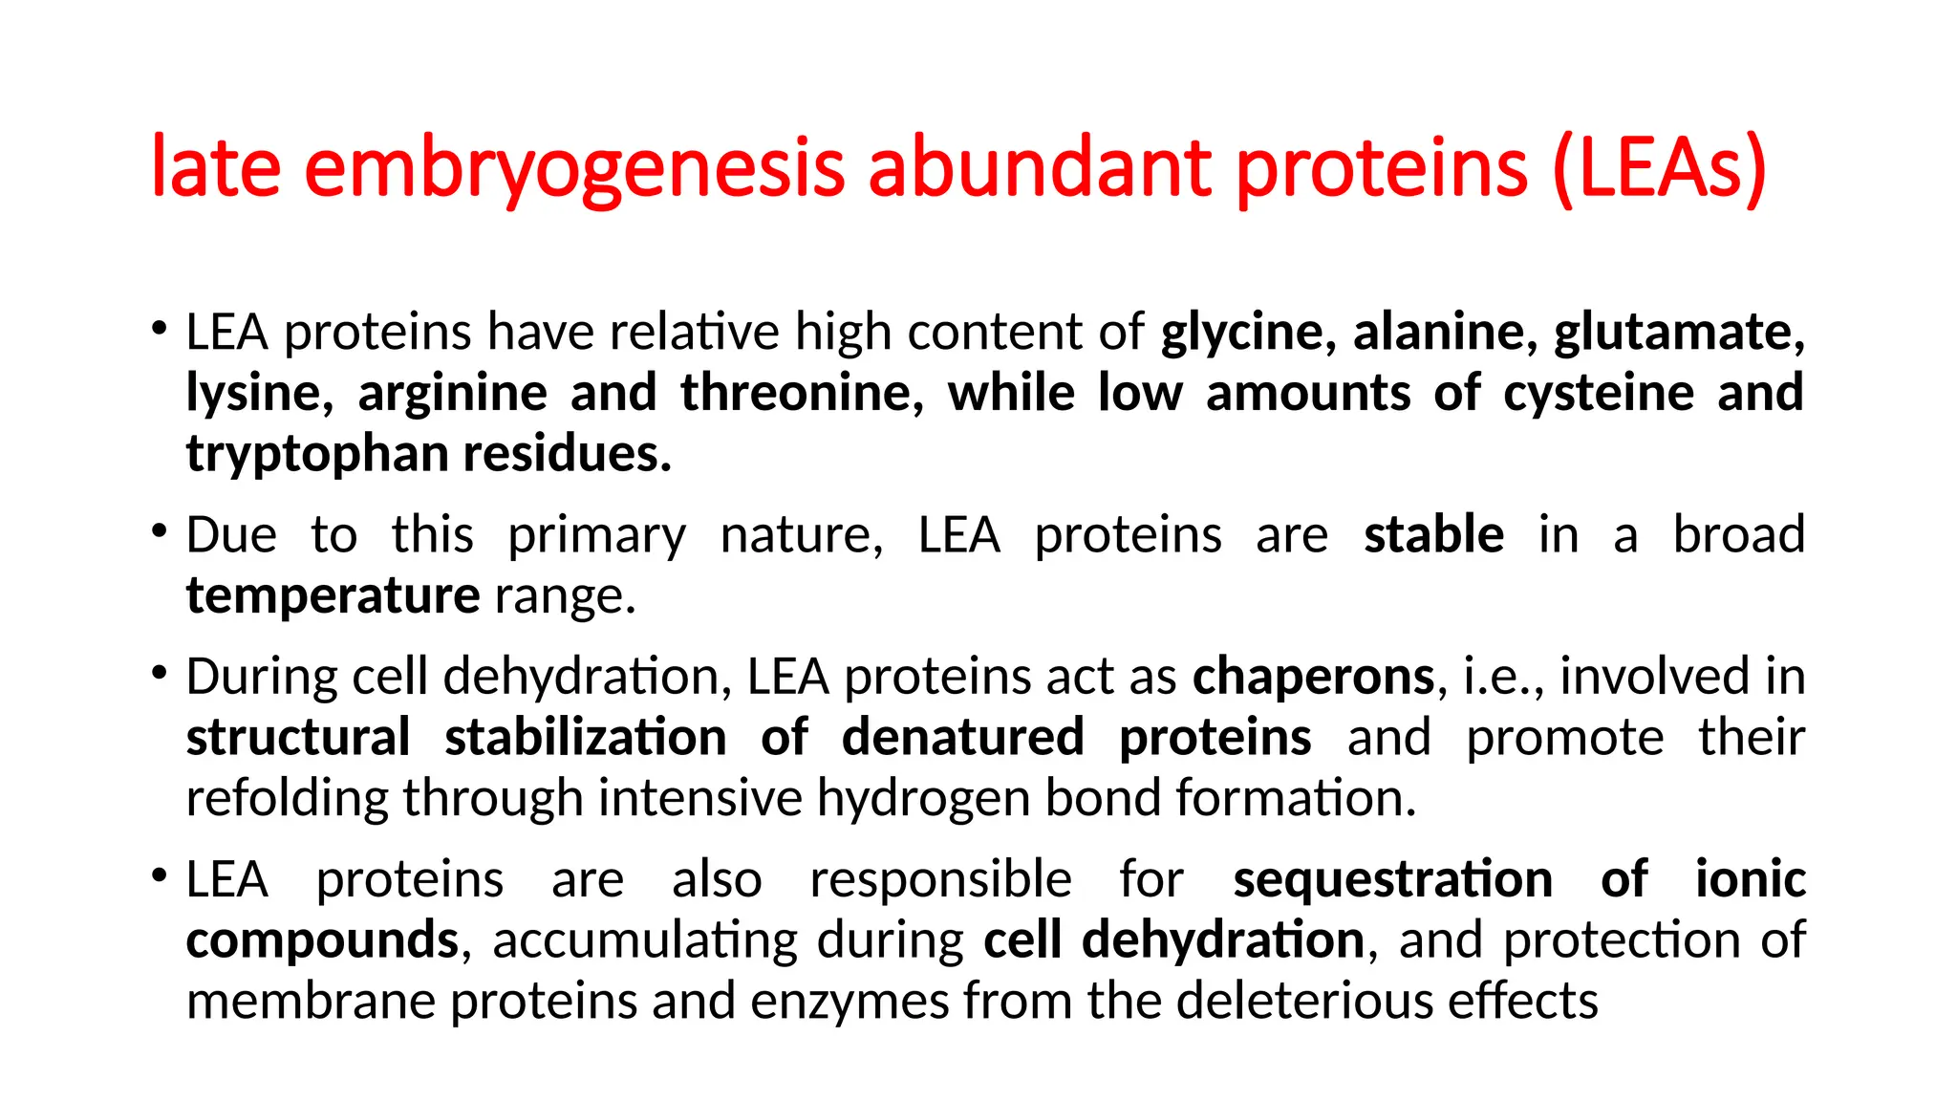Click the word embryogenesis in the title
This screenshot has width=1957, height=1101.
pyautogui.click(x=574, y=169)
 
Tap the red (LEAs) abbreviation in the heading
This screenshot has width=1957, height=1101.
pyautogui.click(x=1660, y=169)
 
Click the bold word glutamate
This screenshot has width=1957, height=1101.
pyautogui.click(x=1678, y=333)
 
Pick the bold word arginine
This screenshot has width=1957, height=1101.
pyautogui.click(x=452, y=393)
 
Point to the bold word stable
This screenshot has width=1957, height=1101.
pyautogui.click(x=1433, y=534)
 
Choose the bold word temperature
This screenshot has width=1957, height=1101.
pyautogui.click(x=333, y=595)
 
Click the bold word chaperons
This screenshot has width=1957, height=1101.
pyautogui.click(x=1313, y=677)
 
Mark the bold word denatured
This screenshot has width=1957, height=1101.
pyautogui.click(x=962, y=738)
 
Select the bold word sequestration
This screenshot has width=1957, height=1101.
pyautogui.click(x=1392, y=879)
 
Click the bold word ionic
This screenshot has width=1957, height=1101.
pyautogui.click(x=1750, y=879)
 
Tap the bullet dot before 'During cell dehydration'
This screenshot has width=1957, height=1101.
pyautogui.click(x=159, y=672)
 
